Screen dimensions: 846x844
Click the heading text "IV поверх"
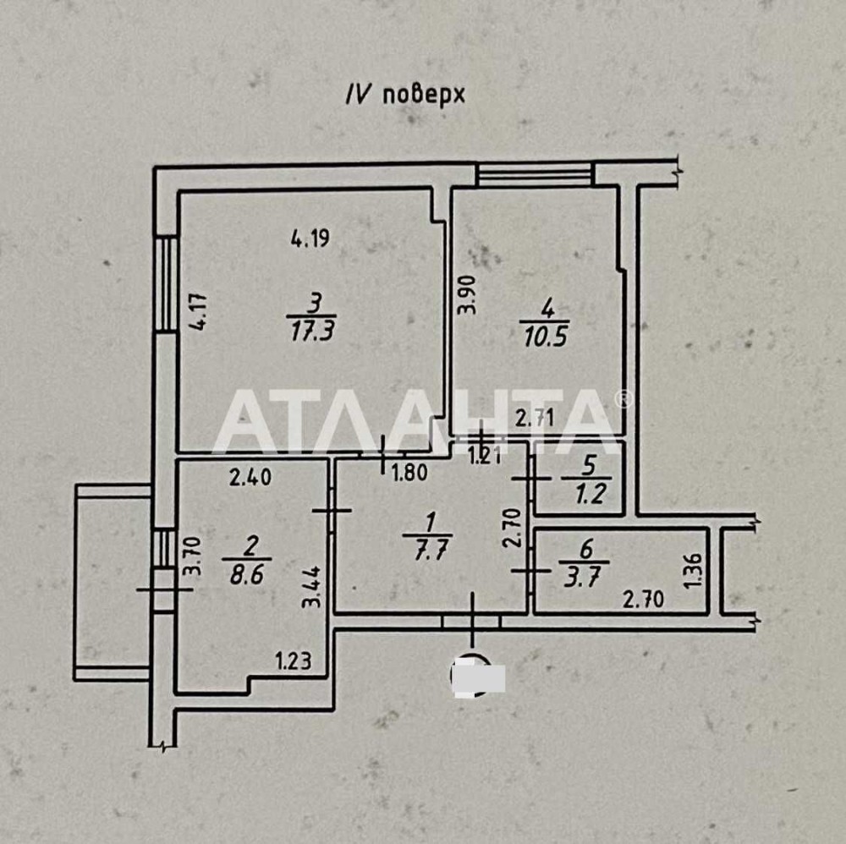click(x=404, y=96)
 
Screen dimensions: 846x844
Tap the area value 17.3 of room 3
click(x=312, y=330)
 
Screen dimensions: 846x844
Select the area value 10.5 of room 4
click(x=545, y=337)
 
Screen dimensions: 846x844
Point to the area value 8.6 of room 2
click(x=246, y=574)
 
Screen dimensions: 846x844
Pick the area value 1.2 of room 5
click(x=591, y=493)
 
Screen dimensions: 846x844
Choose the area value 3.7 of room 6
click(x=582, y=578)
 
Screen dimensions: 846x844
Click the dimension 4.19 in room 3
click(x=310, y=238)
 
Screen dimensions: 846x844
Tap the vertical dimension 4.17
click(x=198, y=311)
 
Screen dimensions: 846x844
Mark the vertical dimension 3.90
click(x=467, y=294)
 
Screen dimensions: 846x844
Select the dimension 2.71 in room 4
click(x=534, y=418)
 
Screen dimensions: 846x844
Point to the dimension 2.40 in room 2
click(x=250, y=477)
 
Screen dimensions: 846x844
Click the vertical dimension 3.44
click(x=311, y=587)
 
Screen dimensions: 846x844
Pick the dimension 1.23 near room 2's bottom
click(x=294, y=660)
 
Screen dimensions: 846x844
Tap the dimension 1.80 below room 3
click(x=409, y=473)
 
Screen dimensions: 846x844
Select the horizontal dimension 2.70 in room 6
click(x=643, y=599)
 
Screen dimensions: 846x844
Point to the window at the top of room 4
click(x=535, y=175)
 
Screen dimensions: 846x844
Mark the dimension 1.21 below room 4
click(x=485, y=457)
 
